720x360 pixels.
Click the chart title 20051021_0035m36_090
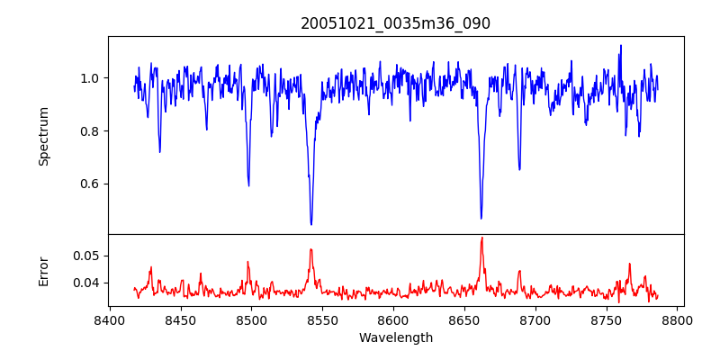coord(395,23)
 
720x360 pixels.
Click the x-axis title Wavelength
coord(395,338)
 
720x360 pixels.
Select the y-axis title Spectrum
coord(43,136)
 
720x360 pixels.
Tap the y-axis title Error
coord(43,271)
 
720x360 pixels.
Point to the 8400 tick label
coord(109,319)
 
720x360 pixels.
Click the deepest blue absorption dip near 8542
coord(311,224)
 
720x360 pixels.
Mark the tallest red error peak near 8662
coord(481,238)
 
